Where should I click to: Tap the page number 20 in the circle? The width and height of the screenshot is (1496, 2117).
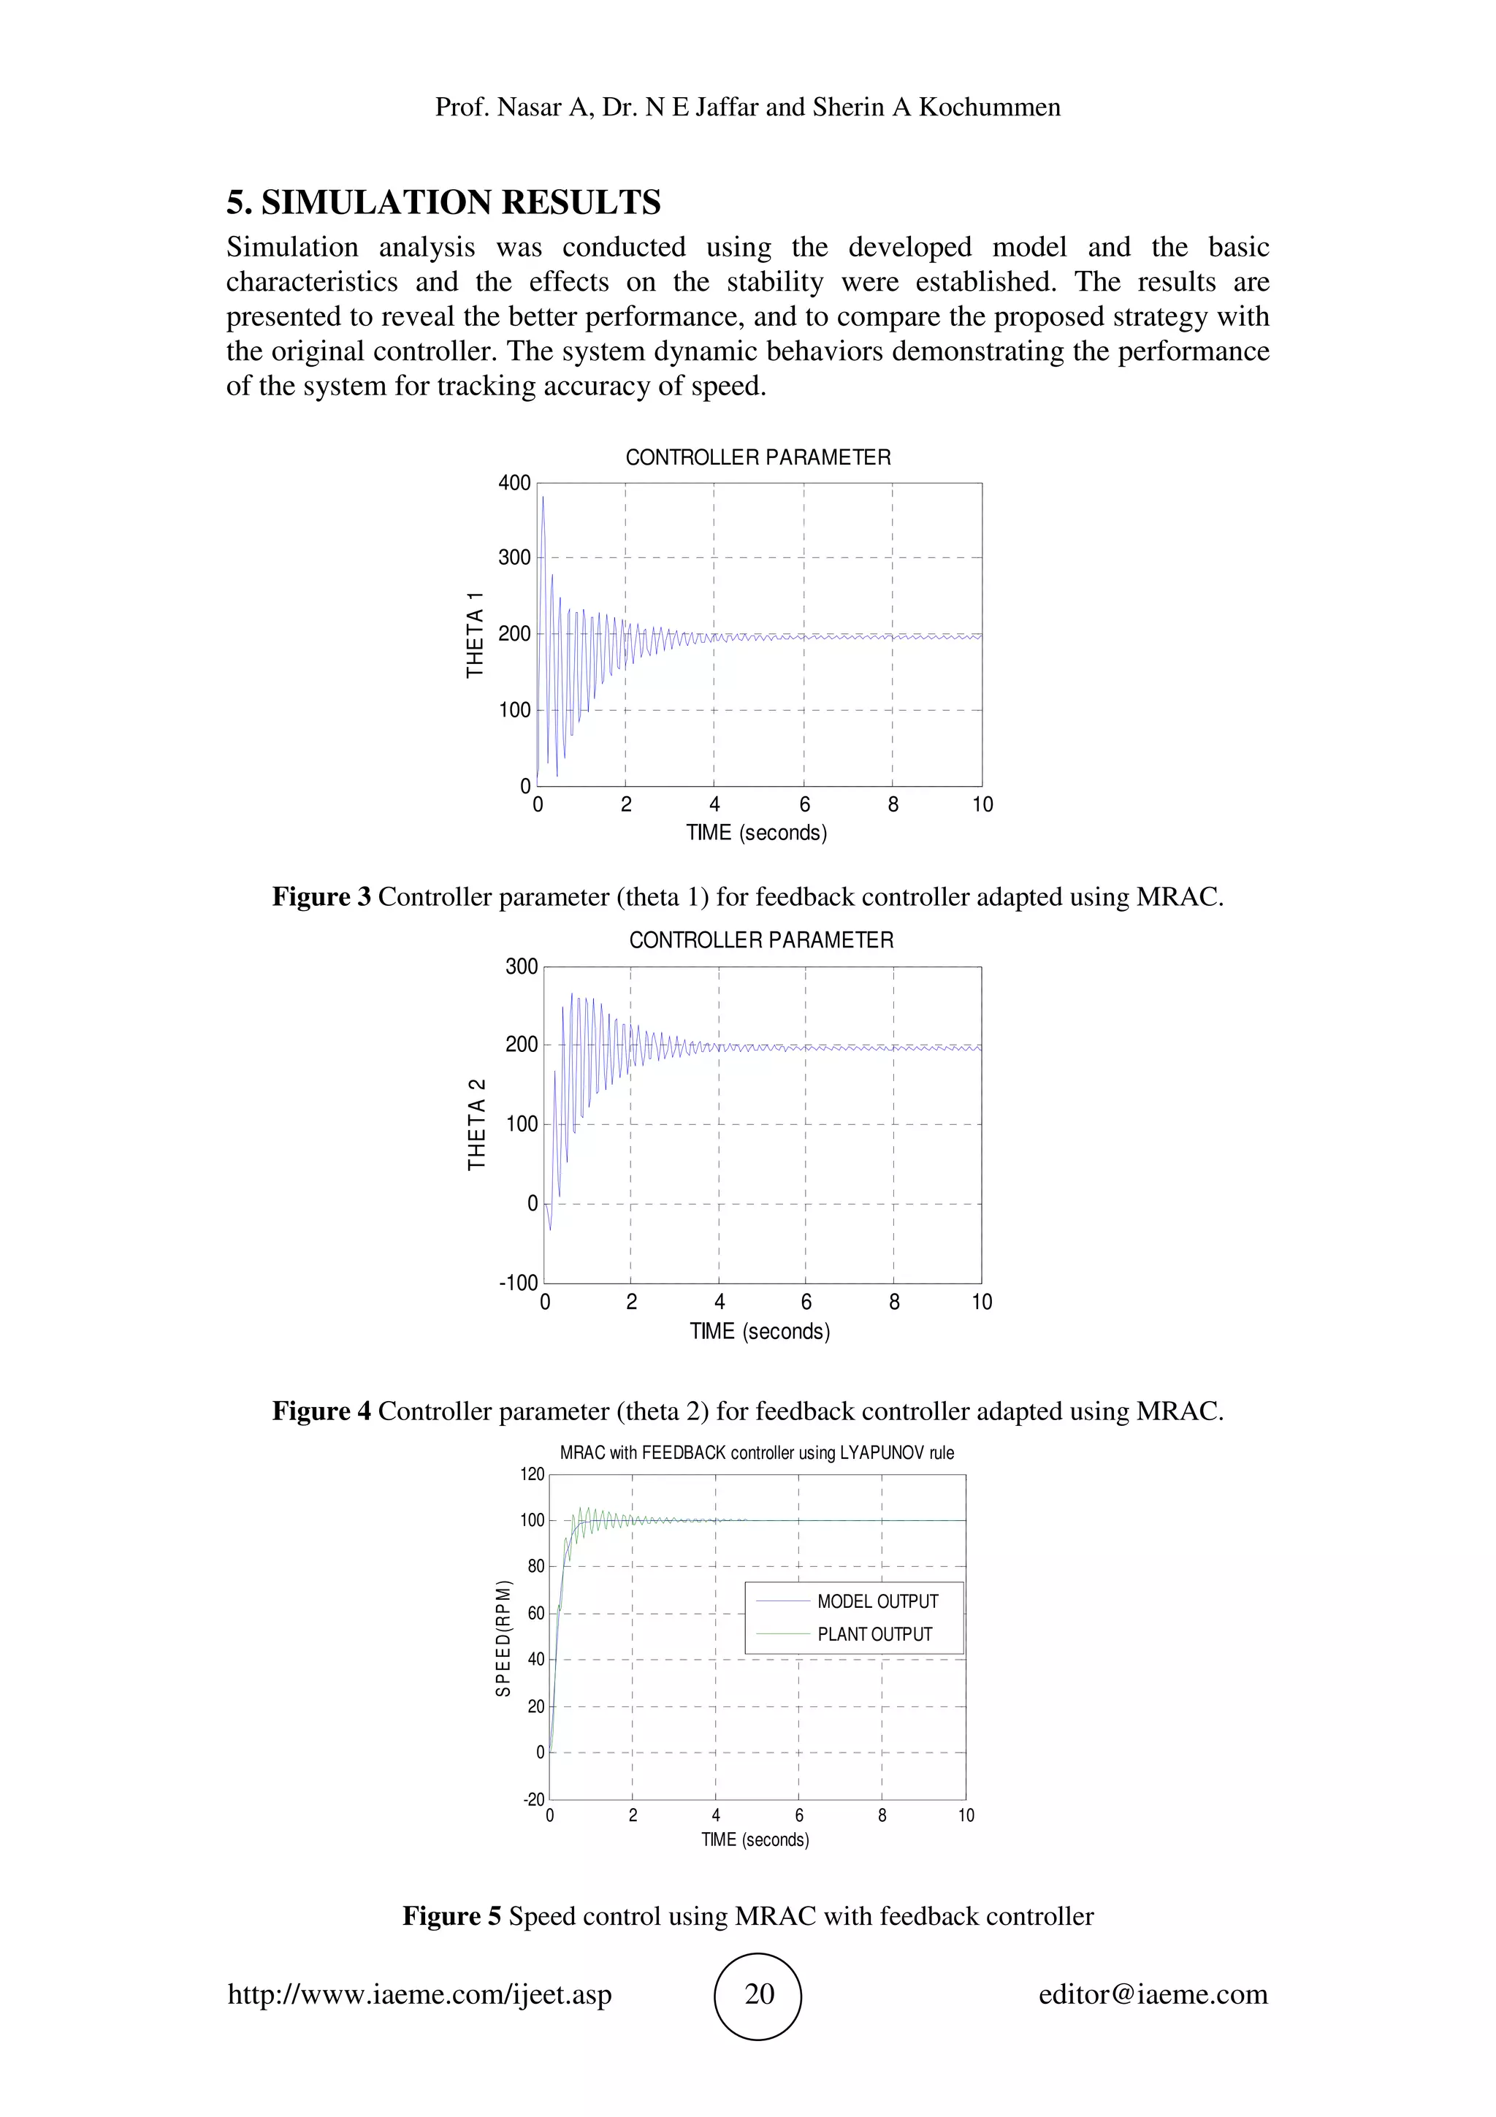(x=759, y=1994)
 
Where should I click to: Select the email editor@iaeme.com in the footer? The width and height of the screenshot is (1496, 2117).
(x=1152, y=1994)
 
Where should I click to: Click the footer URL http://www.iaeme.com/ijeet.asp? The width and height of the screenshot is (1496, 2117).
(x=419, y=1994)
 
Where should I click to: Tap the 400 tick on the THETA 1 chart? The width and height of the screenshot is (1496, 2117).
(x=514, y=483)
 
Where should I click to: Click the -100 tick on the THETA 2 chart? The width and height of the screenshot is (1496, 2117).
(x=518, y=1283)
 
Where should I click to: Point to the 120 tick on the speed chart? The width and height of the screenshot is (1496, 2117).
(x=532, y=1473)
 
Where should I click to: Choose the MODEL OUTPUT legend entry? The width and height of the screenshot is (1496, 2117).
(x=877, y=1601)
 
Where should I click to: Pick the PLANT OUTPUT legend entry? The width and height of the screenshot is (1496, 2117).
(x=874, y=1634)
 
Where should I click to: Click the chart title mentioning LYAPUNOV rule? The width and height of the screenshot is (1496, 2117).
(x=757, y=1452)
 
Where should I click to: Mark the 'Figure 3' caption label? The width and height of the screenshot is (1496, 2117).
(x=321, y=897)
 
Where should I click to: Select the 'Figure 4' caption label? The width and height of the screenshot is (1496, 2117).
(x=321, y=1411)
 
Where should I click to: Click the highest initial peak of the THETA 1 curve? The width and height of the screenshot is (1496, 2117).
(x=543, y=498)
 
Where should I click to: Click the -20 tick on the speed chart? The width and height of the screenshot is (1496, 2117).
(x=534, y=1799)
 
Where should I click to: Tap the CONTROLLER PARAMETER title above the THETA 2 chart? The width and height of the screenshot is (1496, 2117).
(x=761, y=940)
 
